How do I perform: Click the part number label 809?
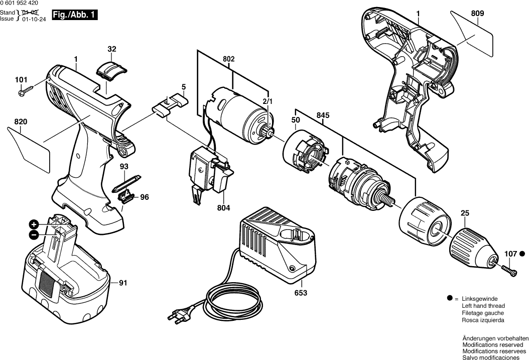(477, 14)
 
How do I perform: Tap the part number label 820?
(21, 122)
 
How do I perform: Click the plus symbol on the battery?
(34, 224)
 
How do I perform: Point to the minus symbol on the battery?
(34, 234)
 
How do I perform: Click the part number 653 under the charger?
(301, 292)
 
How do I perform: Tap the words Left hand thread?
(483, 306)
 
